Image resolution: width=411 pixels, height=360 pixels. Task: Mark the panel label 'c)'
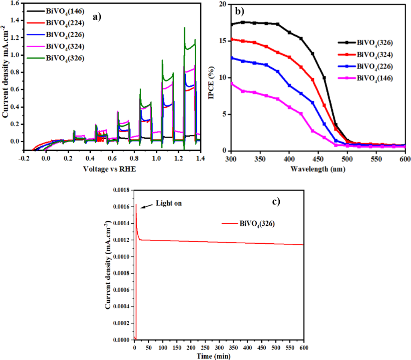pyautogui.click(x=277, y=202)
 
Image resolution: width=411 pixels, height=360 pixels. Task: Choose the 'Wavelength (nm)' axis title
pyautogui.click(x=318, y=169)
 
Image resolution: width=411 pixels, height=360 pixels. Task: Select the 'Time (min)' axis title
pyautogui.click(x=214, y=356)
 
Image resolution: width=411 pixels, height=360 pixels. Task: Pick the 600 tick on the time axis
pyautogui.click(x=304, y=346)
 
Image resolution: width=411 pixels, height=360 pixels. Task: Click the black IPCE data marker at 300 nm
pyautogui.click(x=231, y=24)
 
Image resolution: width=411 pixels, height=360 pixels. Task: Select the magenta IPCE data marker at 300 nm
pyautogui.click(x=231, y=83)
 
